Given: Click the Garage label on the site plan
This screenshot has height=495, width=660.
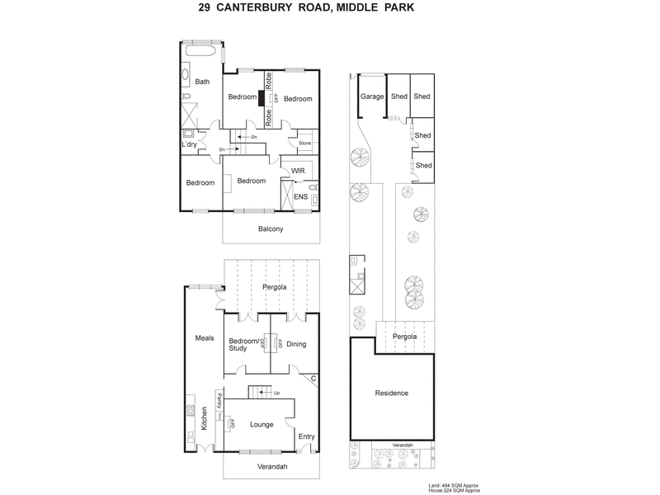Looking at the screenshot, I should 372,97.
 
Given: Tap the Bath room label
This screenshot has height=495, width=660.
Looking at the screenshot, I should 202,81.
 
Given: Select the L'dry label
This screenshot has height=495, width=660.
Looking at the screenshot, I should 190,144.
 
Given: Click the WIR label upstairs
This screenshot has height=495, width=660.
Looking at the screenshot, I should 298,172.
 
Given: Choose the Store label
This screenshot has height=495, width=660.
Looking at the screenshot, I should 304,144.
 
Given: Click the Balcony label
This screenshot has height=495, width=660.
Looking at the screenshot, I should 271,229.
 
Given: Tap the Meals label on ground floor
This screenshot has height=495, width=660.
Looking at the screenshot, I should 204,337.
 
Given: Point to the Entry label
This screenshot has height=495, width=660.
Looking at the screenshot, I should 306,436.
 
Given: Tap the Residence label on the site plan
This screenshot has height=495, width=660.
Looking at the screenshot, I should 391,393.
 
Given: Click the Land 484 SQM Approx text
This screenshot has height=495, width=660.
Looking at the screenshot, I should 453,484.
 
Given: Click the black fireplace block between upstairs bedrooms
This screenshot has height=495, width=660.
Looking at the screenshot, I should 262,98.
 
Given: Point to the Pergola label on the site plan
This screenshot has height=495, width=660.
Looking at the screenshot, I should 404,337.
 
